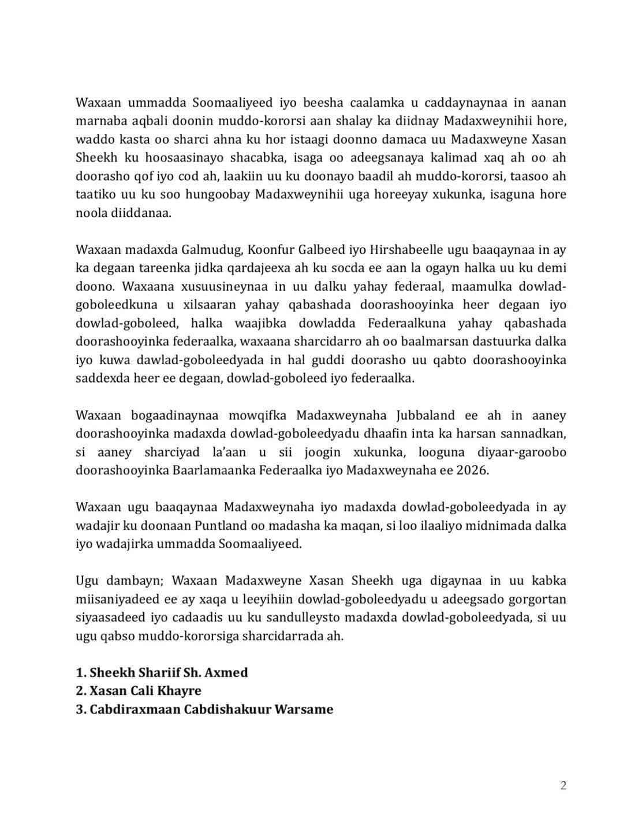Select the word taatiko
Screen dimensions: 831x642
tap(92, 194)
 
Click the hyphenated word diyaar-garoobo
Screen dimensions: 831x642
tap(522, 452)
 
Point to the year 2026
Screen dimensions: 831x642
tap(475, 470)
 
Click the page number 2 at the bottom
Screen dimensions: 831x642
tap(563, 786)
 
